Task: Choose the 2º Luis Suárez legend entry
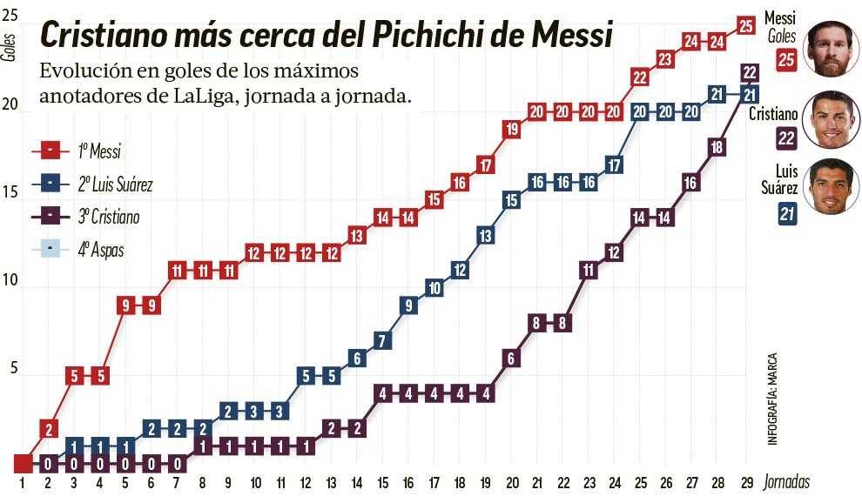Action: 115,184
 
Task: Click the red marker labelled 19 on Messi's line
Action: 511,129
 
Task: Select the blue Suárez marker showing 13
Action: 486,235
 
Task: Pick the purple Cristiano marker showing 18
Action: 717,147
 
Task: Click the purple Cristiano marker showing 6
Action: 511,358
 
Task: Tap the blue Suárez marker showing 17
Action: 614,164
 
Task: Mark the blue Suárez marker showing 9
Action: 408,305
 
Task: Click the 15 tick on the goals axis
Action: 10,191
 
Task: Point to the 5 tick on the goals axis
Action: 12,368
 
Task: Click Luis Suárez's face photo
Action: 832,186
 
